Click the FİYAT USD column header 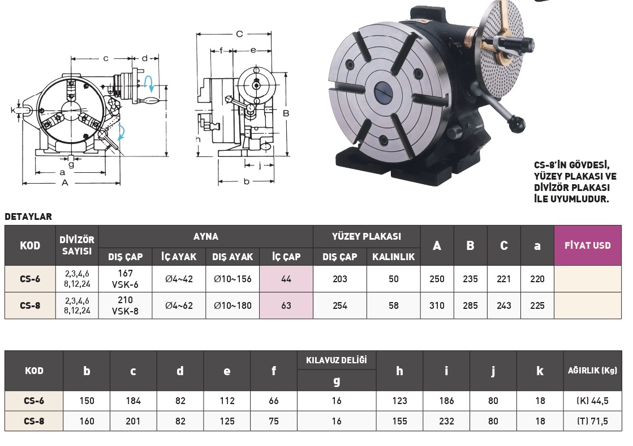[587, 245]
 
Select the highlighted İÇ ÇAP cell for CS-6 [286, 279]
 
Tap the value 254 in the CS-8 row [340, 305]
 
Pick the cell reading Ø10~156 [232, 279]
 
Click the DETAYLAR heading [28, 216]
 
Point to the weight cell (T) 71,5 [592, 421]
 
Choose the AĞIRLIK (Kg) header [592, 371]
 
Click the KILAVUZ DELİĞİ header [336, 360]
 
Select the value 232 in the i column [446, 421]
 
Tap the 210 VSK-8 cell [125, 305]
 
